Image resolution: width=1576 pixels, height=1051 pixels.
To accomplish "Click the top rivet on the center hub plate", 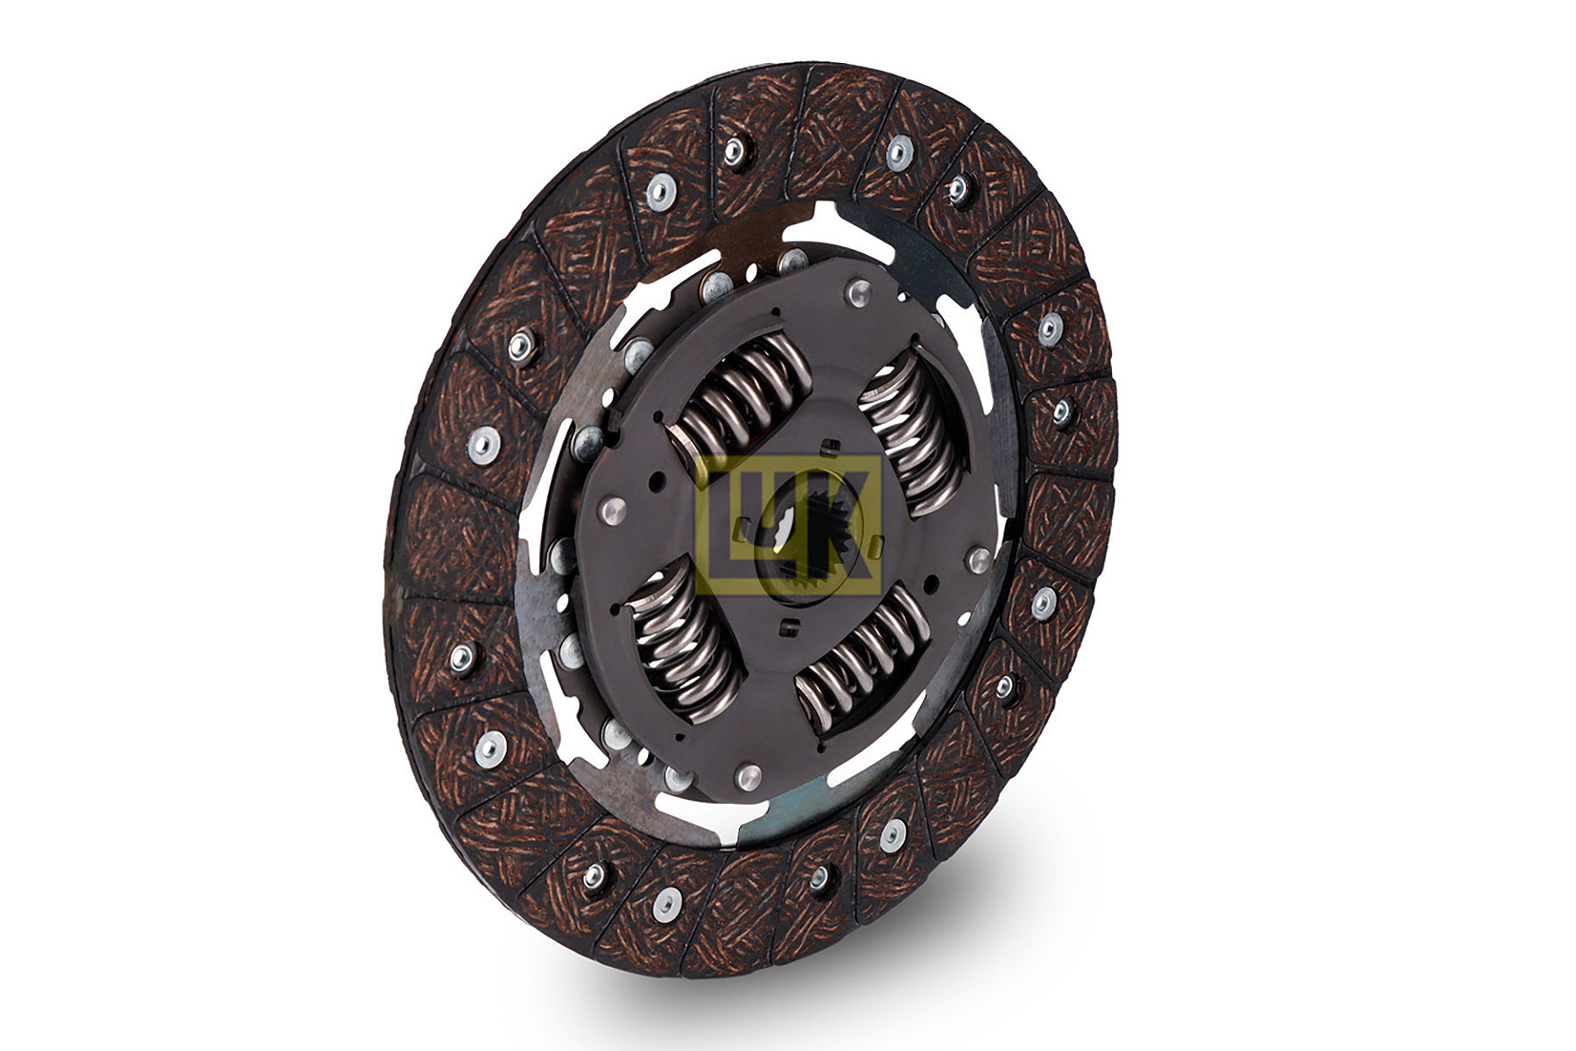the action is (856, 288).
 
